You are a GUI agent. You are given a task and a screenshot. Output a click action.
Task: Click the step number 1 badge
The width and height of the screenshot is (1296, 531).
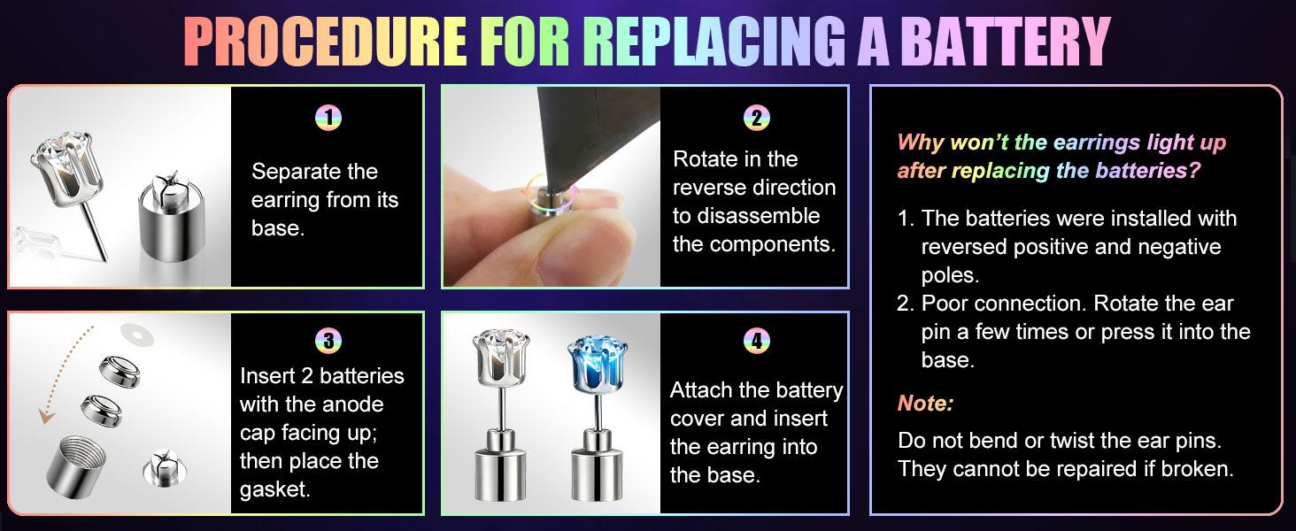click(328, 119)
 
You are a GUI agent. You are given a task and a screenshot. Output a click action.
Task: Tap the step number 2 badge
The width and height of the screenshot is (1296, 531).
click(756, 119)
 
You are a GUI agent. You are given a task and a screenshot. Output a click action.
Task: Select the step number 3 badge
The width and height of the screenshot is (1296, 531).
click(328, 341)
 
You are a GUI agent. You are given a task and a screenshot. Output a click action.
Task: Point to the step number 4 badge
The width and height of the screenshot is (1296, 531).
click(756, 341)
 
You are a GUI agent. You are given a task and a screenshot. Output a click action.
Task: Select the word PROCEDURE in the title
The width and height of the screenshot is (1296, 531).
click(325, 42)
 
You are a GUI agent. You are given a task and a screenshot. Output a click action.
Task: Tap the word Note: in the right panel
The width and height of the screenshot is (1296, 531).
click(925, 404)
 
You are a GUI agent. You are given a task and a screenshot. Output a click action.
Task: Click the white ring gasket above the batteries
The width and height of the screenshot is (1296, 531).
click(137, 335)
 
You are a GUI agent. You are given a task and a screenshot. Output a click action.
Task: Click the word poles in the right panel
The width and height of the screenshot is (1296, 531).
click(950, 276)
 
